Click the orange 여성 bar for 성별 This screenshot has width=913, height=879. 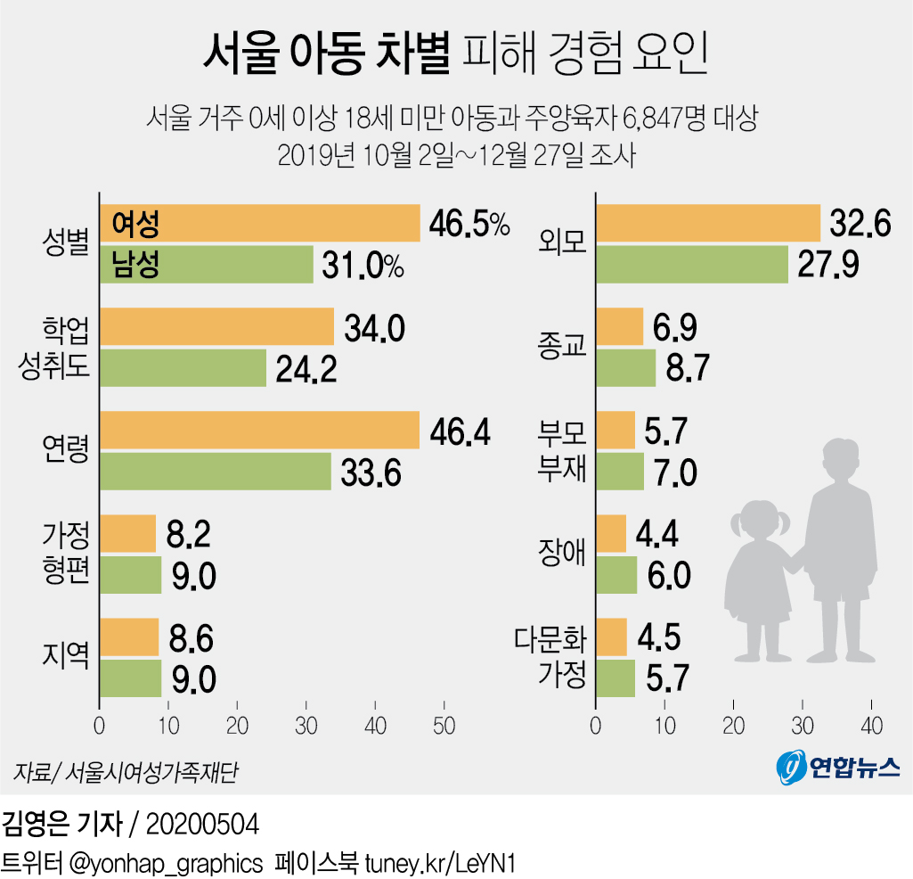pyautogui.click(x=258, y=224)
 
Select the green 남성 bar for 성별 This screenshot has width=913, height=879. pyautogui.click(x=206, y=265)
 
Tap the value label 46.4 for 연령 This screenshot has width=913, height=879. pyautogui.click(x=459, y=431)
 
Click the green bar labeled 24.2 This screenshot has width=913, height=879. pyautogui.click(x=183, y=368)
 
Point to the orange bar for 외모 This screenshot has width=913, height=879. pyautogui.click(x=707, y=224)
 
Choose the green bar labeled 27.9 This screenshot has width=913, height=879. pyautogui.click(x=691, y=265)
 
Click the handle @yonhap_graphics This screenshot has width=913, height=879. pyautogui.click(x=165, y=863)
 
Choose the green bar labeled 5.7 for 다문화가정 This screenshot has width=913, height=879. pyautogui.click(x=615, y=678)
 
